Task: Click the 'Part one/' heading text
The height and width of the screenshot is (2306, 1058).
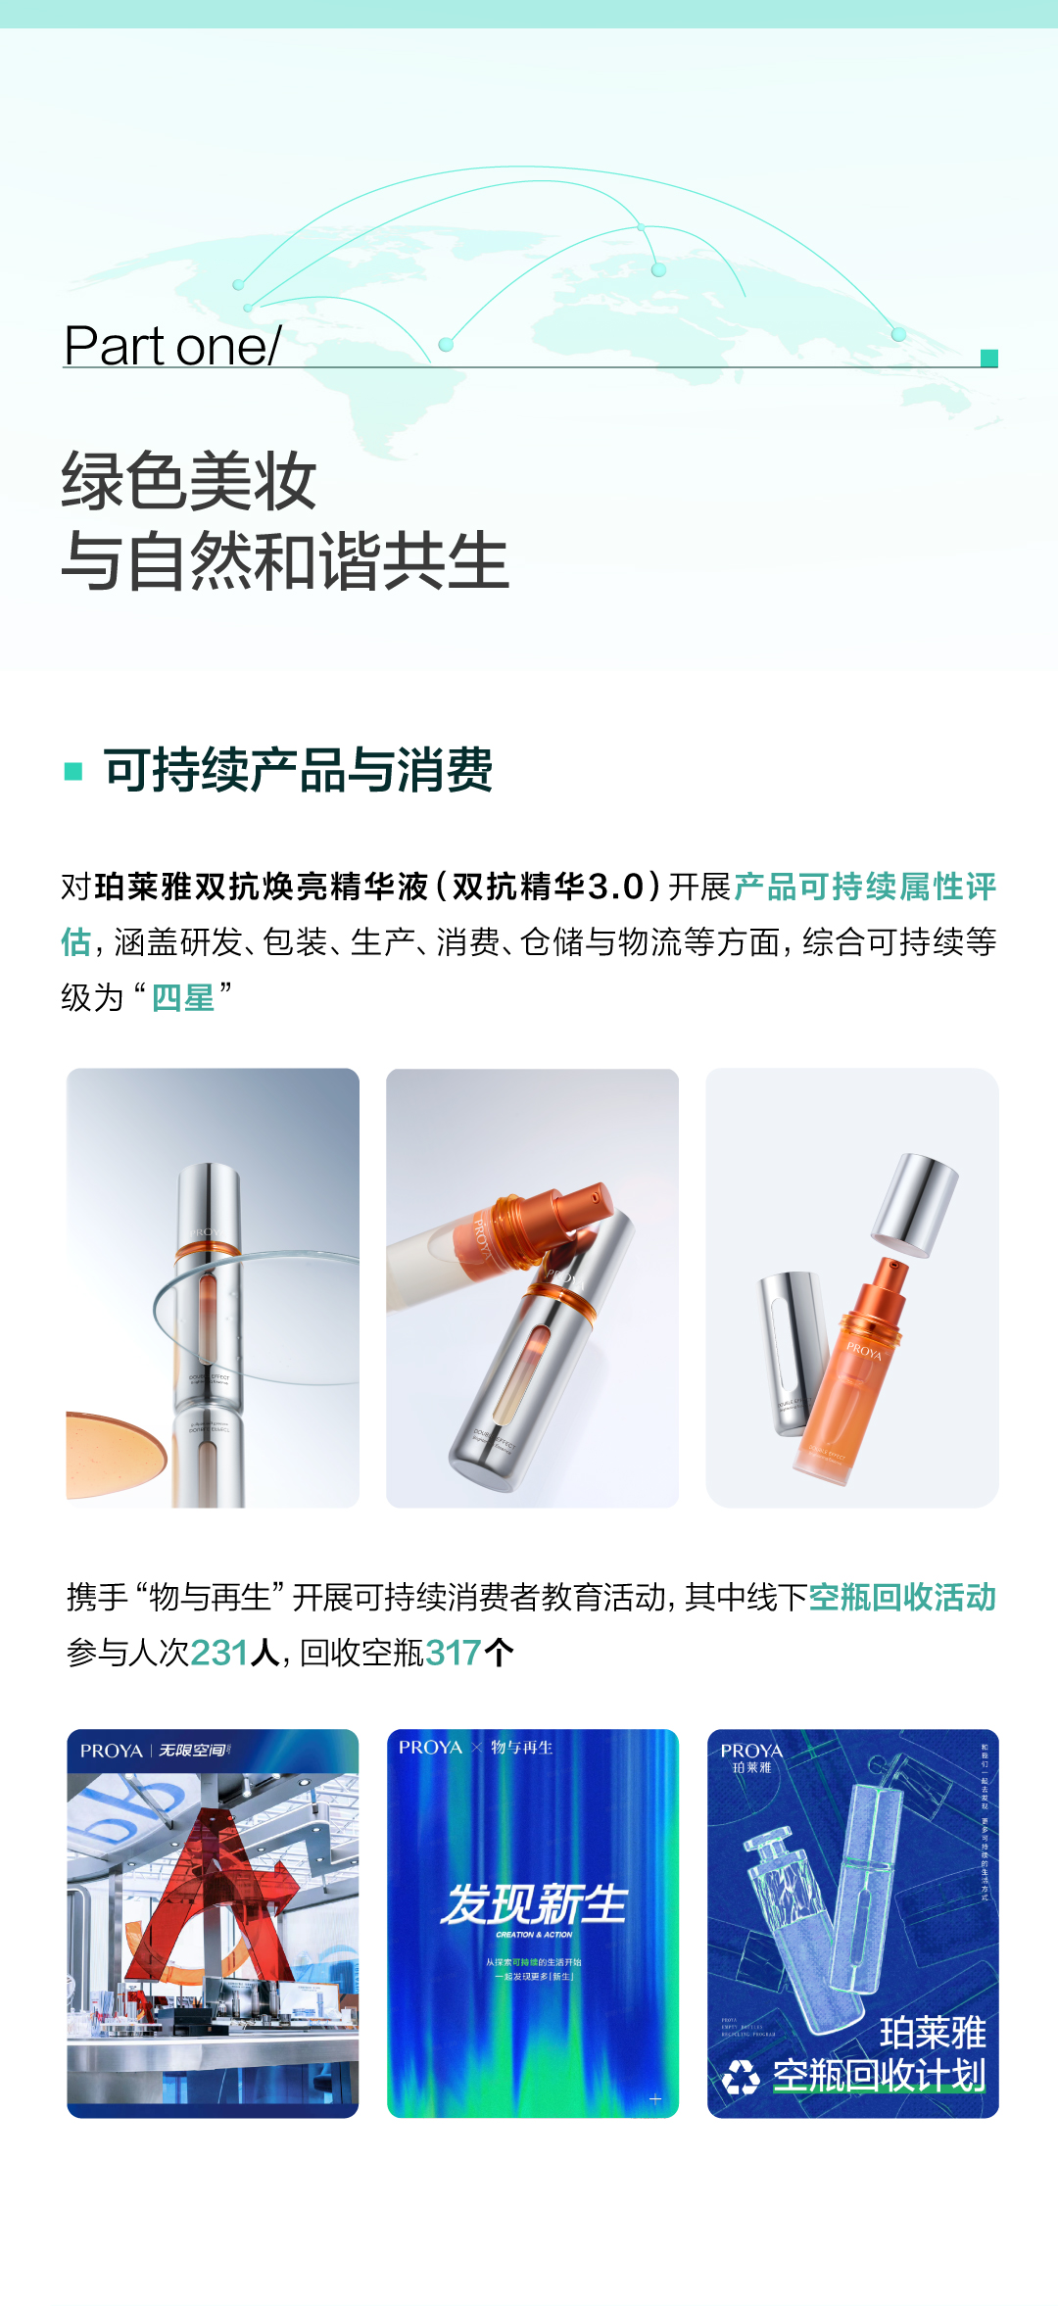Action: [x=172, y=346]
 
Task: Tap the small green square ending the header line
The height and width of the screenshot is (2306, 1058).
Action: [x=989, y=359]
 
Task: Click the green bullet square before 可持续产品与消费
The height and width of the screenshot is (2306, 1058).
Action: [x=73, y=771]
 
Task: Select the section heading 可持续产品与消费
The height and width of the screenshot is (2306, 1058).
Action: [x=299, y=770]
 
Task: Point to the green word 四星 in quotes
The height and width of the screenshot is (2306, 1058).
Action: [x=182, y=998]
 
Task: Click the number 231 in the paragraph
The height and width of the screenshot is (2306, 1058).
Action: [x=219, y=1653]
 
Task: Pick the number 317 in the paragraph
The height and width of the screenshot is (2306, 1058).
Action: [x=454, y=1653]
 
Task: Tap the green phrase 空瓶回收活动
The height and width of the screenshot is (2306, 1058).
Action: [x=902, y=1597]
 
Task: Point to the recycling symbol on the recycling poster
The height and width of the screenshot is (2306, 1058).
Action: [x=742, y=2076]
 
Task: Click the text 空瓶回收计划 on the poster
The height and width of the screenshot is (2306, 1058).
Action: [x=879, y=2075]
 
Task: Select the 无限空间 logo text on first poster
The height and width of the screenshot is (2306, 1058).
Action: [x=193, y=1751]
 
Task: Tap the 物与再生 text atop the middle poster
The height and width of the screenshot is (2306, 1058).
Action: [x=521, y=1748]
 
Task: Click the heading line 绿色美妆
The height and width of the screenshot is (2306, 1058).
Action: [x=189, y=481]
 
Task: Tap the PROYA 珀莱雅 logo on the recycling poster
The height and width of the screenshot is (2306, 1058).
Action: [x=751, y=1756]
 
